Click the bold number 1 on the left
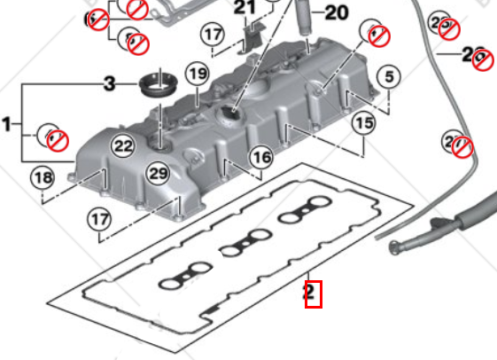tap(8, 125)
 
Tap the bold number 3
tap(109, 84)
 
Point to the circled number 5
tap(387, 77)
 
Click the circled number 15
tap(363, 124)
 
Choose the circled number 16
tap(260, 158)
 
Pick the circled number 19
tap(196, 73)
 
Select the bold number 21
tap(244, 8)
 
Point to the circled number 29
tap(159, 174)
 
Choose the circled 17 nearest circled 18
tap(99, 217)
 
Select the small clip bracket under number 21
tap(252, 35)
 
